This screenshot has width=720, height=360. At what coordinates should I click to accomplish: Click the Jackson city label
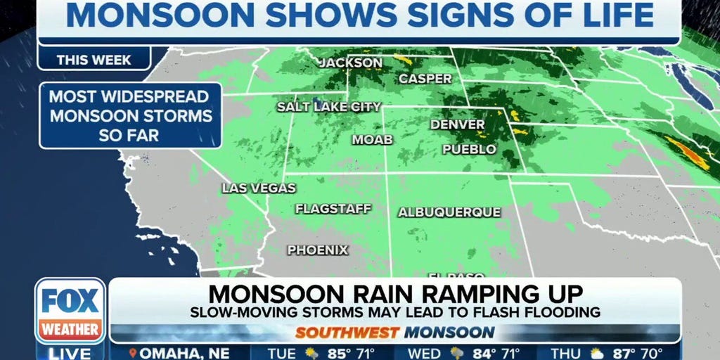pos(351,63)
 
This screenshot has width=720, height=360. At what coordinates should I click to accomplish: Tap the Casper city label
pos(425,79)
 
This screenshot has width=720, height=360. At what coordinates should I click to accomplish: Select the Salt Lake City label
pos(328,107)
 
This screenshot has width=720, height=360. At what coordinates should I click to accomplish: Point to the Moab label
pos(372,140)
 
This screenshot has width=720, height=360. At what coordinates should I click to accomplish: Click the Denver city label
pos(457,124)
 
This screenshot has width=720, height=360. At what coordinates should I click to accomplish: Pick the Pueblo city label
pos(469,149)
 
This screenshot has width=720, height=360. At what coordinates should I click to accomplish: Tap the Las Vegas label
pos(259,188)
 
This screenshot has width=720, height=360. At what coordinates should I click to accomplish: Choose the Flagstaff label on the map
pos(333,209)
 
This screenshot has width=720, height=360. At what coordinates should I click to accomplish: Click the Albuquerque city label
pos(449,212)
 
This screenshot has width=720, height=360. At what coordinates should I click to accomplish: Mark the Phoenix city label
pos(317,250)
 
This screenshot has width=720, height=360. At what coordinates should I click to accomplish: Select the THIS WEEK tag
pos(94,60)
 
